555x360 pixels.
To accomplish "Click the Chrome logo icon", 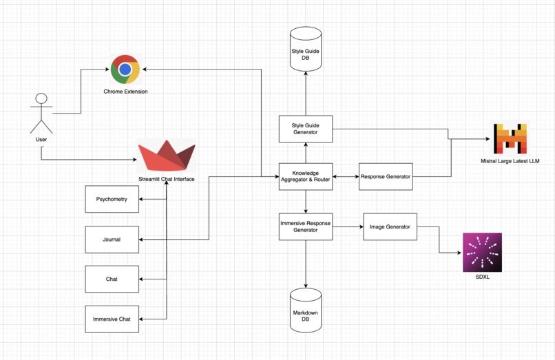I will coord(125,70).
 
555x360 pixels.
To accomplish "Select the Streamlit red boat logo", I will coord(167,156).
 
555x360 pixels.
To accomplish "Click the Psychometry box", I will coord(112,199).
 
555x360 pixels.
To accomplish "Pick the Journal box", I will coord(112,240).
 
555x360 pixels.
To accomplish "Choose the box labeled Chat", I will coord(112,279).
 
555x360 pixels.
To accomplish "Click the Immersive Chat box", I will coord(112,319).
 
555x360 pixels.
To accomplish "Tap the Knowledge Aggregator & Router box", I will coord(305,176).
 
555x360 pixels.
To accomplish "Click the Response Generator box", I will coord(386,177).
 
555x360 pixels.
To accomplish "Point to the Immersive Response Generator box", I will coord(305,226).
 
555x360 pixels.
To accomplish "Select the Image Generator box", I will coord(390,226).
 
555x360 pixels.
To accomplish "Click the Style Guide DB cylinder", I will coord(305,47).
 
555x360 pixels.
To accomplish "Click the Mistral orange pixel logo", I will coord(510,138).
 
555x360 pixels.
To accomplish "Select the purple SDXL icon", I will coord(482,253).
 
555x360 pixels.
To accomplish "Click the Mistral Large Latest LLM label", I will coord(510,161).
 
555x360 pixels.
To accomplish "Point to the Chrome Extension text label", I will coord(125,92).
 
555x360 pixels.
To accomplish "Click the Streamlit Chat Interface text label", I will coord(167,179).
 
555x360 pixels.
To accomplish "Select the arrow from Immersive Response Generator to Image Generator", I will coord(348,226).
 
